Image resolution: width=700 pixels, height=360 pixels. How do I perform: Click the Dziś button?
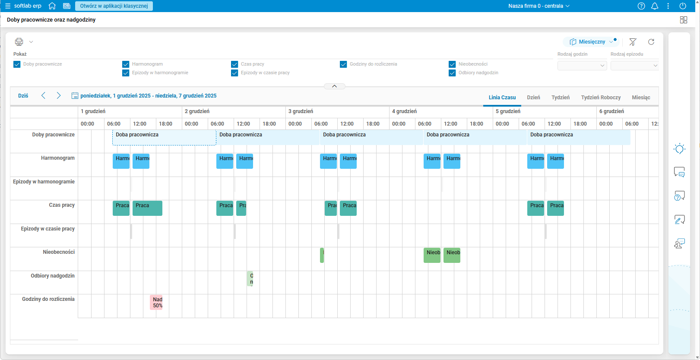coord(23,96)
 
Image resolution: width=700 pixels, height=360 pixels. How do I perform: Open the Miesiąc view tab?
coord(641,98)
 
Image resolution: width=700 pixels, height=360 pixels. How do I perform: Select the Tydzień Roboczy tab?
coord(601,98)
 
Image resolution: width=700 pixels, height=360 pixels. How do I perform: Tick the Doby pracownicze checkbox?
coord(17,64)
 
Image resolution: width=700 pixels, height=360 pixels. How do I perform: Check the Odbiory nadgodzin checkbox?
coord(452,73)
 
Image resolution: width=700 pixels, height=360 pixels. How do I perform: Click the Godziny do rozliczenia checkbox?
coord(343,64)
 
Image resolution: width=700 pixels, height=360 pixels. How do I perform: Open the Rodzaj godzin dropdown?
coord(582,66)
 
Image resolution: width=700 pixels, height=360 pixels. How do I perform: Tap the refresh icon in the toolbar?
coord(651,42)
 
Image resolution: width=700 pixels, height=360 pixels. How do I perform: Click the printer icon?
coord(19,42)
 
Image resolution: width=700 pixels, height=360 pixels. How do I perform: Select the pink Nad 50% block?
coord(156,302)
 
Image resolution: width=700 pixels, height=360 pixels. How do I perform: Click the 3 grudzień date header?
coord(301,111)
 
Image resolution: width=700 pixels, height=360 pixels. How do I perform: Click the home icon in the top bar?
coord(52,6)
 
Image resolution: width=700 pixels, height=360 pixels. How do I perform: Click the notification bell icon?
coord(655,6)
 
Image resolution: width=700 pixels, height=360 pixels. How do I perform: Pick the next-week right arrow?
coord(59,96)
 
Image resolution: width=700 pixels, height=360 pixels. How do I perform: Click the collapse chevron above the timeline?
coord(334,86)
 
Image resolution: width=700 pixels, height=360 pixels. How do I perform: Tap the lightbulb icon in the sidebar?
coord(679,149)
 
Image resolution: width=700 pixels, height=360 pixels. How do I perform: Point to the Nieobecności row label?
coord(59,252)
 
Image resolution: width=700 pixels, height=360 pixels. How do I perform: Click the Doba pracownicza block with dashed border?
coord(164,137)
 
